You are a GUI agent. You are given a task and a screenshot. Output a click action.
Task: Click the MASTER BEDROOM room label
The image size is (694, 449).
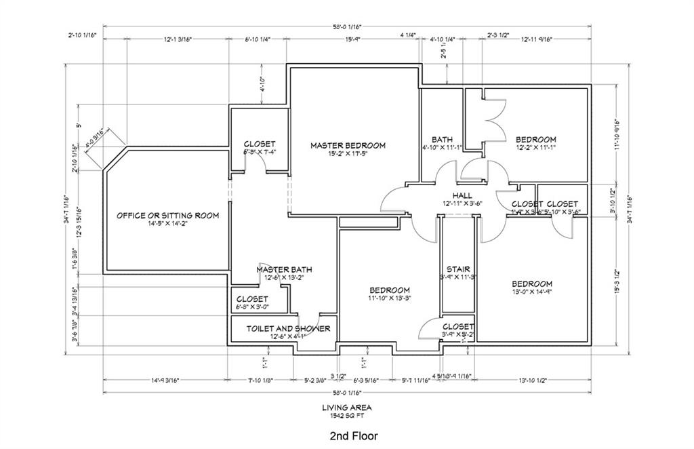[348, 145]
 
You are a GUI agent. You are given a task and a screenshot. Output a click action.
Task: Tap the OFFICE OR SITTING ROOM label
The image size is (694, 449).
[167, 216]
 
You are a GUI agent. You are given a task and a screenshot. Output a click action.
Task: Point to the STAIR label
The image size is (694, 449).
[458, 269]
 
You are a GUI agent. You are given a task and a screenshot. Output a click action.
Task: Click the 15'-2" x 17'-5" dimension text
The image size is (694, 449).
[348, 154]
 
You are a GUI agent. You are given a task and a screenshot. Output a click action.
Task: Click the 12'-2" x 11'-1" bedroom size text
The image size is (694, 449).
[535, 147]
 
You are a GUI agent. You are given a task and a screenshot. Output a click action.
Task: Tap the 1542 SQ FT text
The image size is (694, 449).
[346, 416]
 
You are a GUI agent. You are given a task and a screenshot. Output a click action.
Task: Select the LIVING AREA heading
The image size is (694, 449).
[346, 408]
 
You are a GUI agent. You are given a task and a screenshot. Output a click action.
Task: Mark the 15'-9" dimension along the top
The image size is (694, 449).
[352, 39]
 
